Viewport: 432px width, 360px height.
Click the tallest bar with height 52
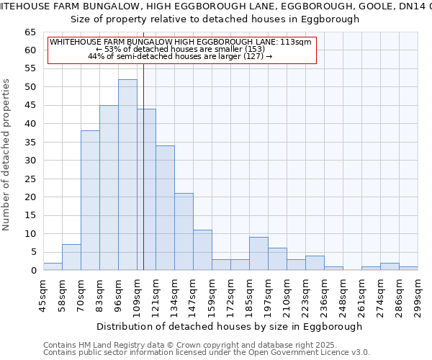pos(127,175)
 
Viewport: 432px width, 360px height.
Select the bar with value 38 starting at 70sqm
pos(90,200)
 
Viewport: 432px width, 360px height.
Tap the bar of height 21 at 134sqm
pos(184,232)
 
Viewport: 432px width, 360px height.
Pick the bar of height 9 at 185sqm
pos(258,253)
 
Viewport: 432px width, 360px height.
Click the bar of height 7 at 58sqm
pos(71,257)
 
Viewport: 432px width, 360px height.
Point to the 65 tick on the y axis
pos(30,32)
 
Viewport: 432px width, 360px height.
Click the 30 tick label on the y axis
pos(30,161)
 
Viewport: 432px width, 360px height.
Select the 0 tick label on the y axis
pos(32,271)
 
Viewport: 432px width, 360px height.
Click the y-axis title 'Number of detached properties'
pos(7,155)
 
